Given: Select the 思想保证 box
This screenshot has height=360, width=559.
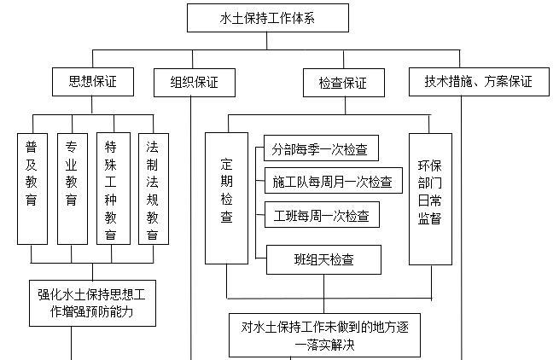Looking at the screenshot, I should pos(91,82).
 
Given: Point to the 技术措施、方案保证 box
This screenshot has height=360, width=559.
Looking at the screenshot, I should pos(479,82).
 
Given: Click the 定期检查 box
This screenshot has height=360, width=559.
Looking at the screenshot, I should pos(226,197).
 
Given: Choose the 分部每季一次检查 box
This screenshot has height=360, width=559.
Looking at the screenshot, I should pos(321,148).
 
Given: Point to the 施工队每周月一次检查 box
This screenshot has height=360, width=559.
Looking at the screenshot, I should pos(333,181).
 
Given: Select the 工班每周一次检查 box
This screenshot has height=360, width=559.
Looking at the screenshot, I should pos(321,215).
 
